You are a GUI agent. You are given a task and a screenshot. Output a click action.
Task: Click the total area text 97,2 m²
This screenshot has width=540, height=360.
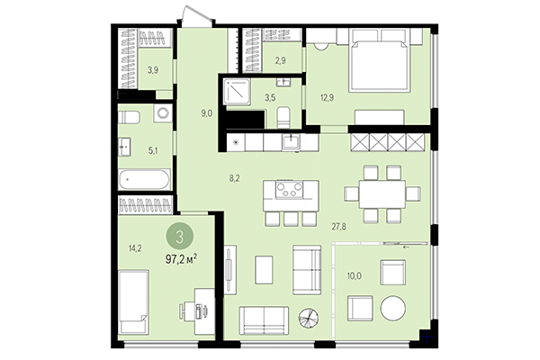tap(180, 258)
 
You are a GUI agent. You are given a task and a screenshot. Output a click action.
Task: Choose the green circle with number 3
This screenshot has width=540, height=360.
tap(180, 237)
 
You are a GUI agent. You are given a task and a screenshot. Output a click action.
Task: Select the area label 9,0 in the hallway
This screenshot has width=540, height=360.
tap(206, 113)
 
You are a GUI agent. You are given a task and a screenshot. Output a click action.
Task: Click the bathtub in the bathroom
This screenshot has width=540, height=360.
tap(145, 178)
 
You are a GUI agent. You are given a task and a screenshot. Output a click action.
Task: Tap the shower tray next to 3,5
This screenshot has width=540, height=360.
tap(238, 93)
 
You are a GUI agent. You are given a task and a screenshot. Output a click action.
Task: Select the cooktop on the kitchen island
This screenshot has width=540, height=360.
tap(292, 190)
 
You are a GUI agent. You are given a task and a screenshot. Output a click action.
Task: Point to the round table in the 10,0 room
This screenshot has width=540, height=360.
tap(393, 308)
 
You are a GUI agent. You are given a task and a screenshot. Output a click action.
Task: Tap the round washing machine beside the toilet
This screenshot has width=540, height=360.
tap(163, 114)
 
